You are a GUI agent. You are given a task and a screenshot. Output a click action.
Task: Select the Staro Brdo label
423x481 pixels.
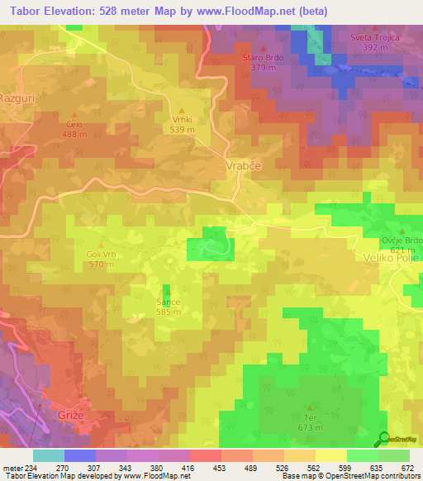(x=264, y=59)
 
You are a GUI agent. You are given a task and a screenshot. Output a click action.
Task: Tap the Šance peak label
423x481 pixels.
(x=169, y=303)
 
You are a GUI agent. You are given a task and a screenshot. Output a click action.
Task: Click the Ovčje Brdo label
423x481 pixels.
(x=402, y=240)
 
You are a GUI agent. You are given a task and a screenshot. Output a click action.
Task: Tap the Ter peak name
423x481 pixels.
(x=310, y=418)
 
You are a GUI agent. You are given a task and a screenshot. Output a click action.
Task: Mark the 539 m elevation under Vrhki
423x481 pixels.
(x=182, y=129)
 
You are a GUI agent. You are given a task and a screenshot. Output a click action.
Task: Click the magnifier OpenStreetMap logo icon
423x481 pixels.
(x=383, y=440)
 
